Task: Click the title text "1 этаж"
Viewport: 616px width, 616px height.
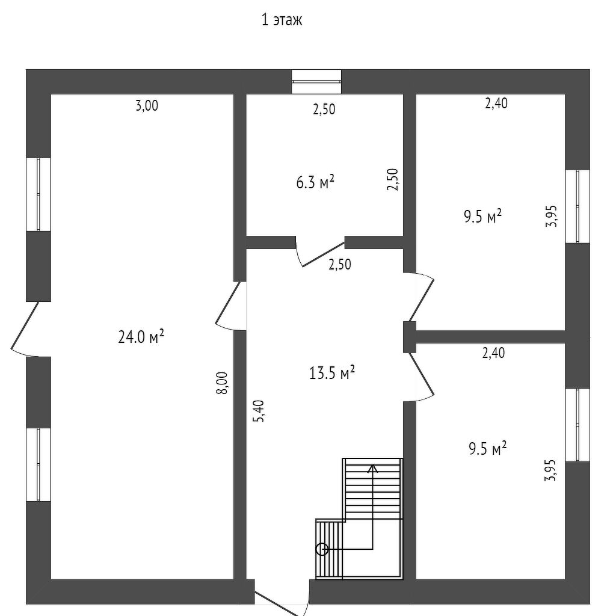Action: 282,20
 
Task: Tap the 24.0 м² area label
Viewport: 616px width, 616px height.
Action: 141,337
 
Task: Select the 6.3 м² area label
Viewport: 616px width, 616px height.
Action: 315,182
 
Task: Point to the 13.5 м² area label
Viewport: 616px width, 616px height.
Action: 331,373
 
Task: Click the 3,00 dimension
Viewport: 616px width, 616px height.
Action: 147,106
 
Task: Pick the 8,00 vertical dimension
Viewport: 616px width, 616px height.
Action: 222,383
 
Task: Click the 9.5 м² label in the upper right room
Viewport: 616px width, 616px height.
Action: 482,217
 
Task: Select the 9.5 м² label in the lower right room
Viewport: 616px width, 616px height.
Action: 487,449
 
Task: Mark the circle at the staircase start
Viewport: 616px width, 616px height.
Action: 322,549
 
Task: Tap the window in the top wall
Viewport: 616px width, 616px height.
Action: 316,82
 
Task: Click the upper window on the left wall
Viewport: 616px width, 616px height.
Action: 38,194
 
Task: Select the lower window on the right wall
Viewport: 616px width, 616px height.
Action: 577,425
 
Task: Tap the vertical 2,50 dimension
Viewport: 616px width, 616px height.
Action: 392,179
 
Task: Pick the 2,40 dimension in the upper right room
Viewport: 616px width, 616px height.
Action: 496,103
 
